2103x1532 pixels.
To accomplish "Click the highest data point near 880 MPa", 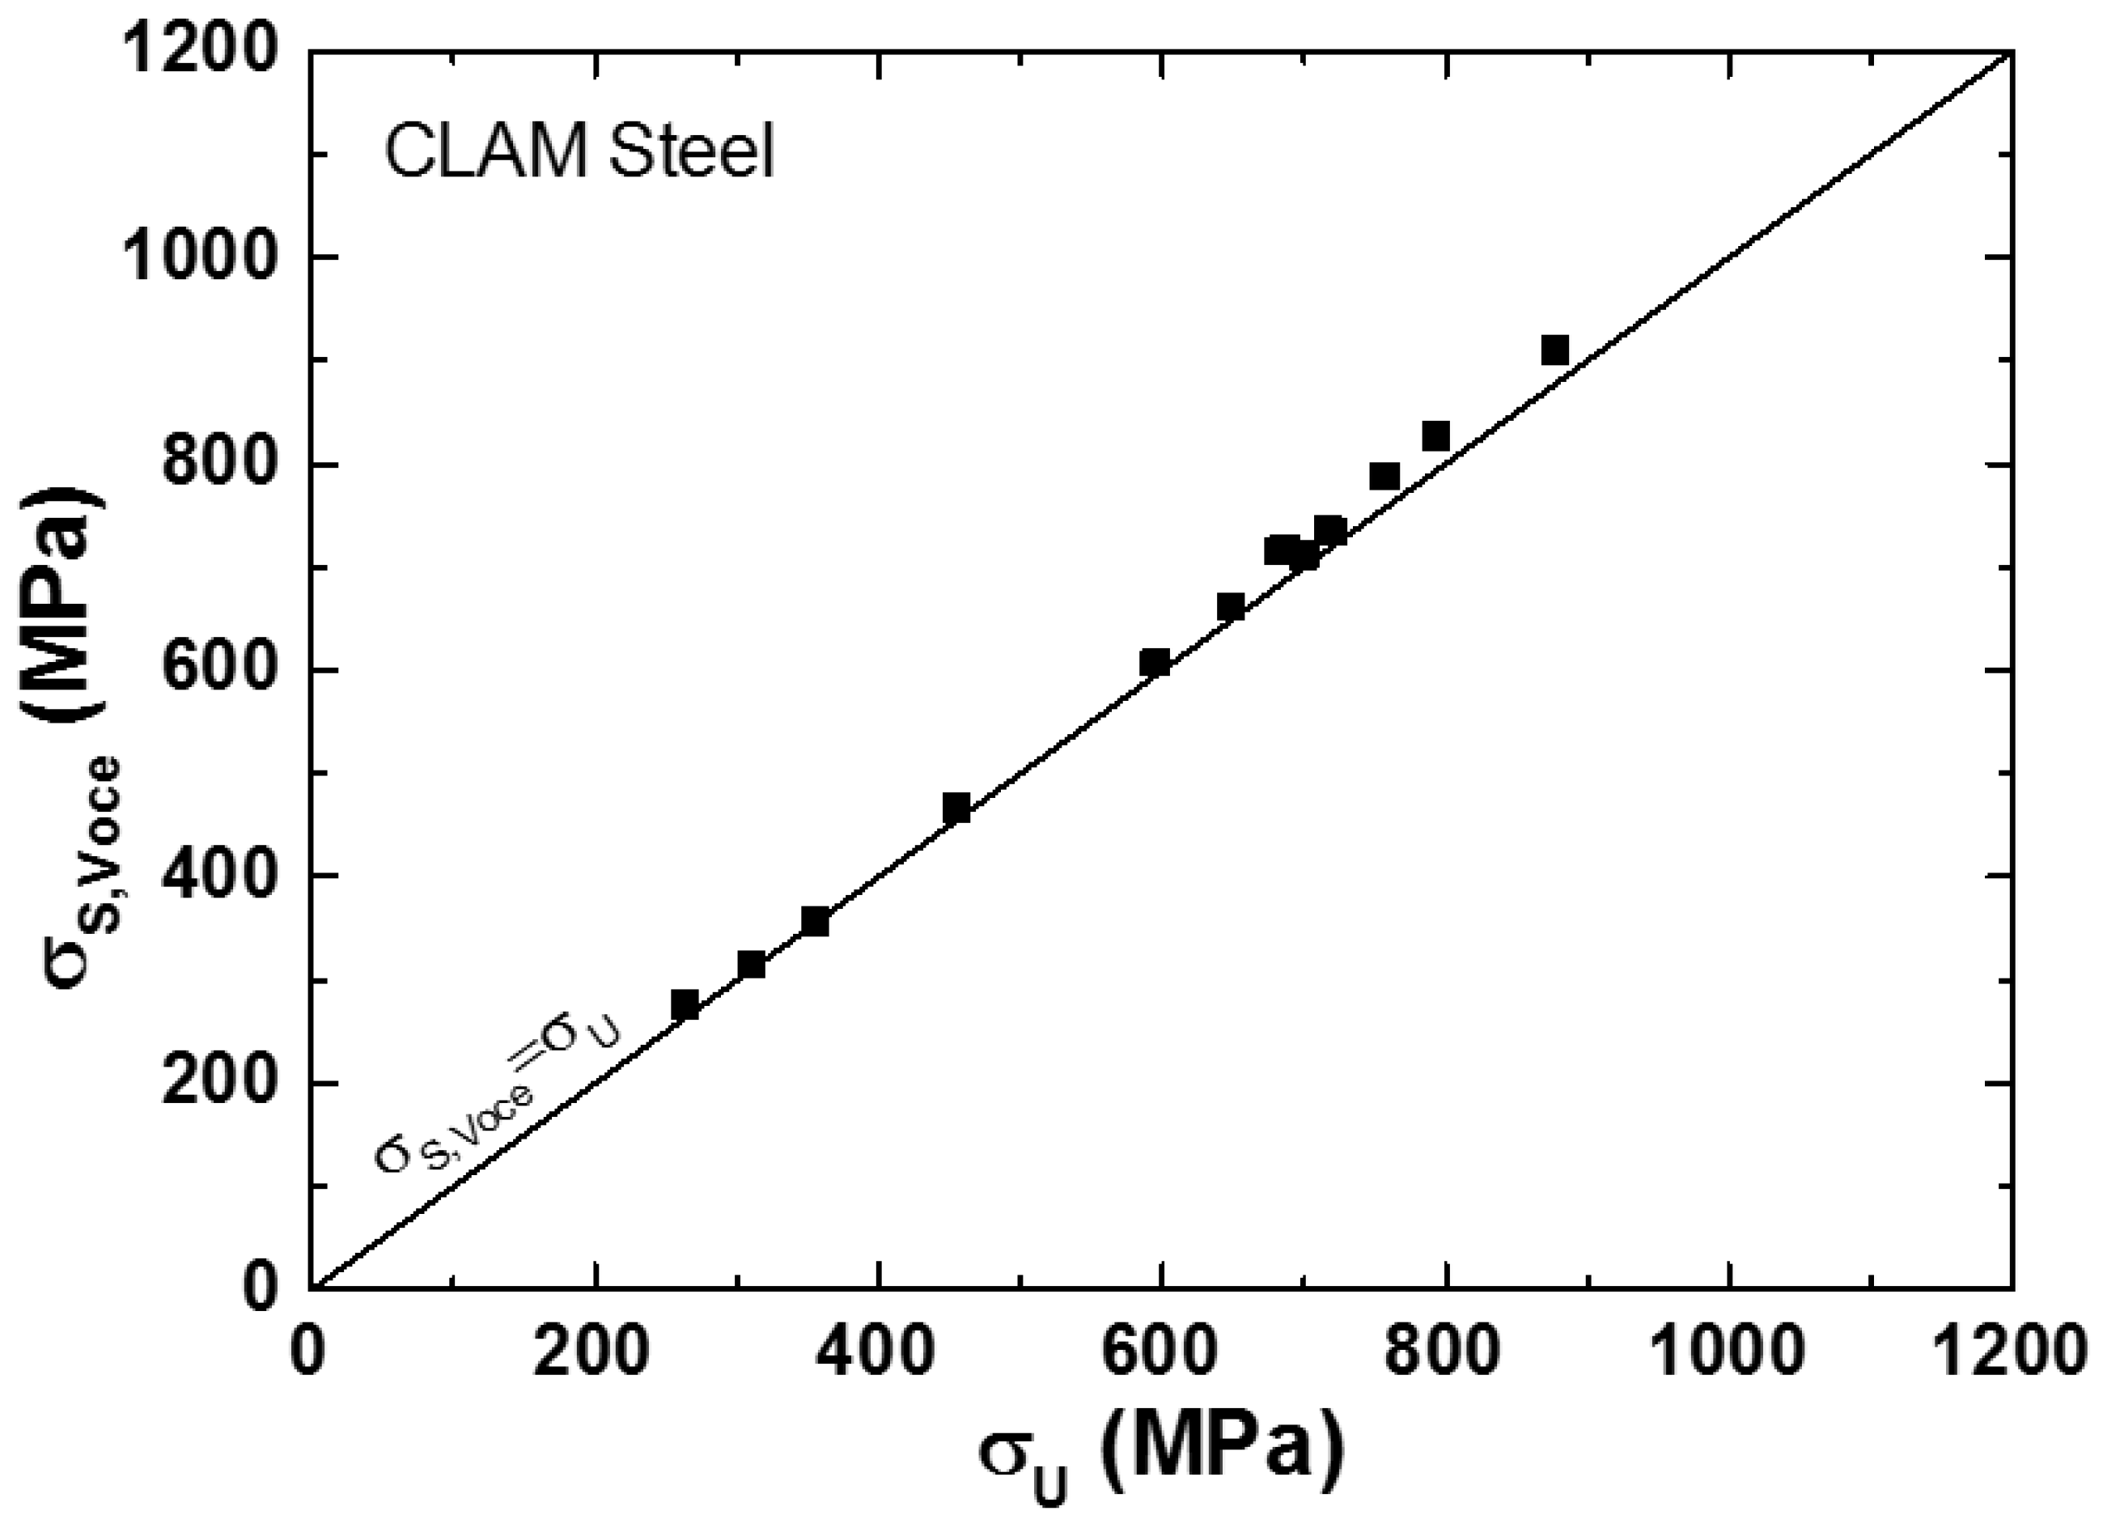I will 1554,350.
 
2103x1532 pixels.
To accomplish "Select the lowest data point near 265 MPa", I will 685,1004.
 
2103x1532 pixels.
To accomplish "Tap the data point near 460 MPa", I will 956,807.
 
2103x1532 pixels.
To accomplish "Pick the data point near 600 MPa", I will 1155,662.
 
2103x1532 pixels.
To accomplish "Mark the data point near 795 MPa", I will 1435,436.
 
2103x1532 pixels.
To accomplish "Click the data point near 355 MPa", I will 814,922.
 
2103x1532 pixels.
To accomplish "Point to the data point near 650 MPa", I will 1230,608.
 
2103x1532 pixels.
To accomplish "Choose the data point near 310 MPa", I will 751,965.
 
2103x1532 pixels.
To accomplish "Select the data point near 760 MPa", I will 1384,477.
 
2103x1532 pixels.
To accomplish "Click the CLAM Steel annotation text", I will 579,153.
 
